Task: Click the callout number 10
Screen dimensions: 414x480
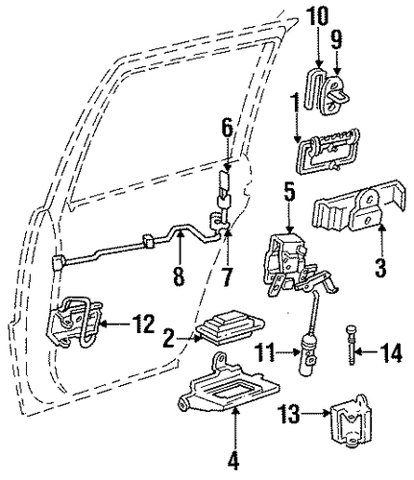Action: click(318, 16)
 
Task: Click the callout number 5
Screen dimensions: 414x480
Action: click(289, 192)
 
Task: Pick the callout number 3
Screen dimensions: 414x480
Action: click(380, 267)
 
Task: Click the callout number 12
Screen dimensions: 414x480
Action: click(144, 324)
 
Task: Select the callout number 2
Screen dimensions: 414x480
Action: click(169, 338)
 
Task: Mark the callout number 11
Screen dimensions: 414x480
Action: click(265, 352)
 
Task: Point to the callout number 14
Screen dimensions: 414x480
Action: click(390, 352)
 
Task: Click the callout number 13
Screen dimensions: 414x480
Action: click(289, 414)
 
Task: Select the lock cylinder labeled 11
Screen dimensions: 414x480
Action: click(308, 352)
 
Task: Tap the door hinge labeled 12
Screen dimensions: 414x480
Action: click(74, 322)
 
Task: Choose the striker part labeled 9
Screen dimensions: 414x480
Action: click(334, 94)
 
